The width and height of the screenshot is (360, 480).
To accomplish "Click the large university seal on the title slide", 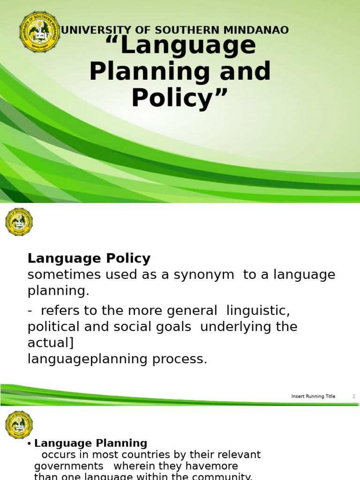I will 39,32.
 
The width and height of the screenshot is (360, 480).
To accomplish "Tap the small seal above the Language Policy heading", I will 19,222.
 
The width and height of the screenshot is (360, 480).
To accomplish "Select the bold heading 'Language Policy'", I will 89,258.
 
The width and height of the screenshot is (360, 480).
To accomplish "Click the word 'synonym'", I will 204,275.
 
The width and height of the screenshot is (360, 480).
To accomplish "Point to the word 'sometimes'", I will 59,275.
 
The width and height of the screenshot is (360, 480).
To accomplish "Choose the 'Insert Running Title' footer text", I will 313,396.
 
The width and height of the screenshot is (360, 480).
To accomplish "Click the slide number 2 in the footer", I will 354,396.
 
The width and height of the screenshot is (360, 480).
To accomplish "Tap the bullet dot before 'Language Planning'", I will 29,444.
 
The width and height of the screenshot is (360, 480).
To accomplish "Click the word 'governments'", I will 69,466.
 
